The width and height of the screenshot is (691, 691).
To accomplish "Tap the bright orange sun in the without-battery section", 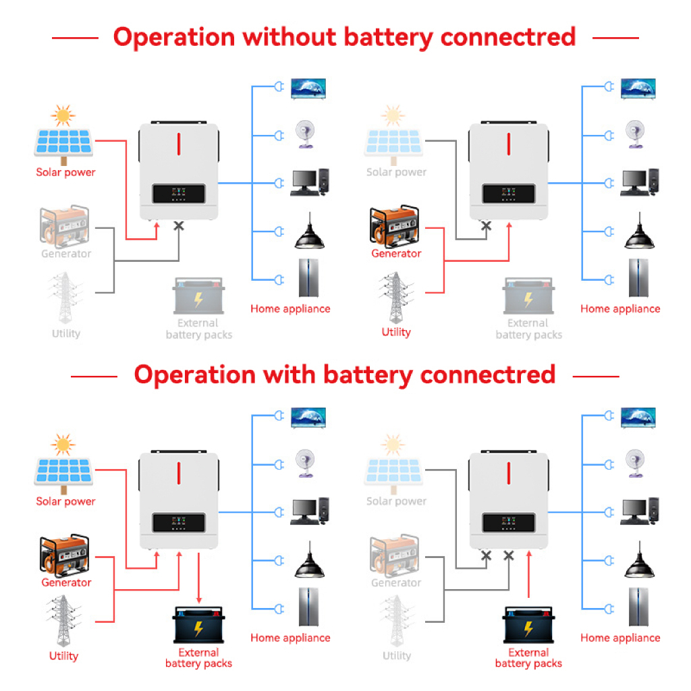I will [x=63, y=115].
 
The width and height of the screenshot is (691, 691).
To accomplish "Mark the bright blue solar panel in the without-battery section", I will [x=64, y=142].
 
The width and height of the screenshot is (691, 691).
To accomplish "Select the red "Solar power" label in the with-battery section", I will [x=65, y=501].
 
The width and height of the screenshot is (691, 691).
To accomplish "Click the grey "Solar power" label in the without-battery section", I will [x=396, y=172].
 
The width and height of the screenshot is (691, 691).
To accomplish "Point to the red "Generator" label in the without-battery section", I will [x=396, y=254].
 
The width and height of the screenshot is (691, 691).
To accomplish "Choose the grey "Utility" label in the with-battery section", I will [x=396, y=656].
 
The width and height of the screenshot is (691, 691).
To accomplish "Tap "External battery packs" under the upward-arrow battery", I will [x=528, y=658].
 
